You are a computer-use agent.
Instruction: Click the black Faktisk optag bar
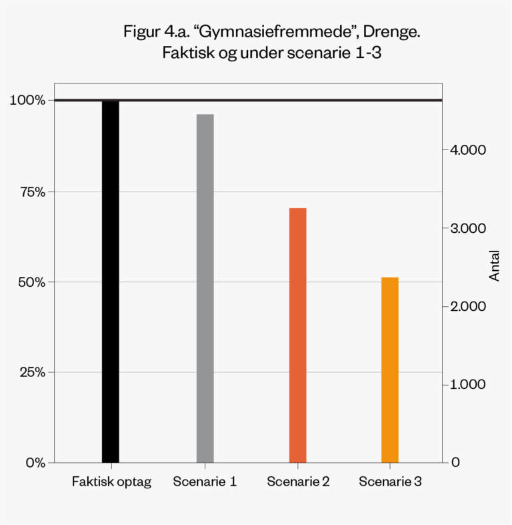coord(111,281)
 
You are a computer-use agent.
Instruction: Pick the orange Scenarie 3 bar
coord(390,370)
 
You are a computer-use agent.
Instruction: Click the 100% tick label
coord(27,100)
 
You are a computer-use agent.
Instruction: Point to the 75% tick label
coord(31,191)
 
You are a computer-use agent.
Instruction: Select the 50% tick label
coord(31,282)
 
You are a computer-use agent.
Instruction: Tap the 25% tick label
coord(31,372)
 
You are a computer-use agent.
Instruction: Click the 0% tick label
coord(35,462)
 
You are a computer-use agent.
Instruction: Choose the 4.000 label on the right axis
coord(469,149)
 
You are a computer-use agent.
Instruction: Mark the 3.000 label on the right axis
coord(469,228)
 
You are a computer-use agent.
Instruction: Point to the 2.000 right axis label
coord(469,306)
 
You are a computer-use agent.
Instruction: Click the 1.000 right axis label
coord(469,384)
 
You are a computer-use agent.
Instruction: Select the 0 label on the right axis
coord(455,462)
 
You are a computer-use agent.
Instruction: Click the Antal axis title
coord(494,267)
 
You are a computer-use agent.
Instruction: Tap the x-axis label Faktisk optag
coord(111,482)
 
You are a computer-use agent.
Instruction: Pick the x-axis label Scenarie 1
coord(205,482)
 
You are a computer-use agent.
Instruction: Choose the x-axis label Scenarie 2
coord(297,482)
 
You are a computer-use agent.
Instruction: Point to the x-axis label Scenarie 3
coord(390,482)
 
